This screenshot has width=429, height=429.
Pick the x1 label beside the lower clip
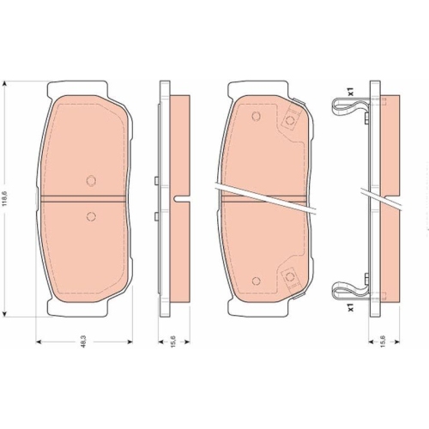[350, 305]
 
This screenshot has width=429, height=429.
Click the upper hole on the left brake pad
[91, 180]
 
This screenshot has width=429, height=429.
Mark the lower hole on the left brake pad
[91, 215]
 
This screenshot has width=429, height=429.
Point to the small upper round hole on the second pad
[255, 116]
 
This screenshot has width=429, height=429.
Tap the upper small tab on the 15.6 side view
[154, 180]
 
